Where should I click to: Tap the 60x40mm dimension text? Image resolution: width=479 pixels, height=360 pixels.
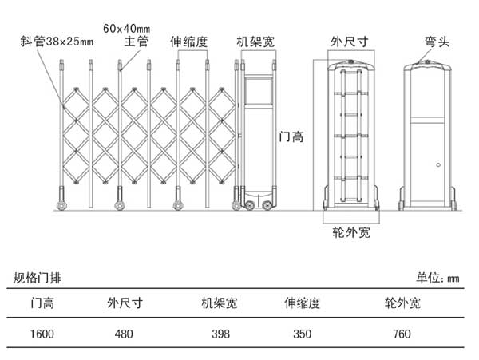[127, 26]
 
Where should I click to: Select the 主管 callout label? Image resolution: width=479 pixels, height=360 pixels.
[137, 41]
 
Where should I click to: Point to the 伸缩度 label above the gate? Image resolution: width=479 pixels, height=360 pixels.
[188, 41]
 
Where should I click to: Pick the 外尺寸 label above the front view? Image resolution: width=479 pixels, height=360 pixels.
[349, 41]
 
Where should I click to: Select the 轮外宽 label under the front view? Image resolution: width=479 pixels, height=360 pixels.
[351, 233]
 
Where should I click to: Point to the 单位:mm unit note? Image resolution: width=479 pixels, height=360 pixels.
[438, 279]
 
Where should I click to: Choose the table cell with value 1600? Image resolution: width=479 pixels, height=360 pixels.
[42, 334]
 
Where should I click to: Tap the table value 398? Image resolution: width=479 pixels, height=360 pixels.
[221, 334]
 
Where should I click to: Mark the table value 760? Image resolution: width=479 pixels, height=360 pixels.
[403, 334]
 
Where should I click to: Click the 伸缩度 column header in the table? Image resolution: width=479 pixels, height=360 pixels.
[303, 303]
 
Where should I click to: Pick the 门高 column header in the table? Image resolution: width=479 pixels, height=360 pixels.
[42, 303]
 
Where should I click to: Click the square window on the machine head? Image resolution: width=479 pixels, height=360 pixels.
[259, 93]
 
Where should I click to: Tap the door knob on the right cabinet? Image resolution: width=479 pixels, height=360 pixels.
[438, 165]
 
